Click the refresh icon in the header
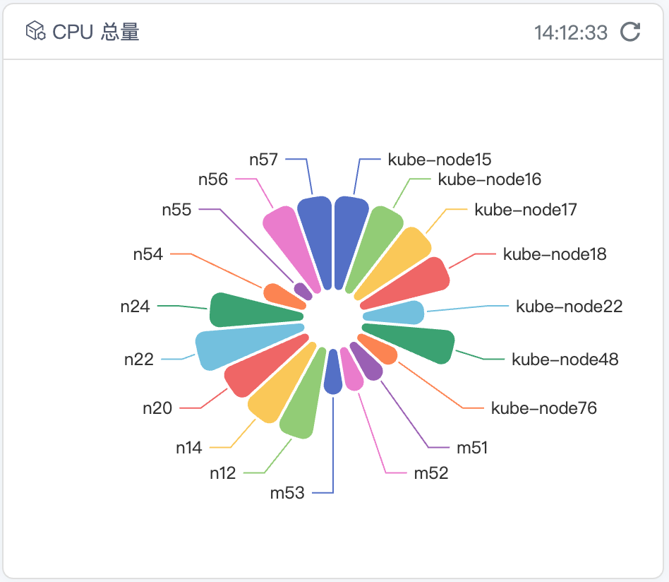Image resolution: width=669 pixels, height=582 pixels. pyautogui.click(x=630, y=32)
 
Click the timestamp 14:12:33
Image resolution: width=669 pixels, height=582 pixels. pyautogui.click(x=571, y=32)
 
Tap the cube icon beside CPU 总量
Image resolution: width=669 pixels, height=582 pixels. pyautogui.click(x=35, y=32)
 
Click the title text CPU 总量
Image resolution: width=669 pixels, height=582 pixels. pyautogui.click(x=96, y=32)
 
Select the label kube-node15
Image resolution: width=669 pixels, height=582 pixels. pyautogui.click(x=440, y=159)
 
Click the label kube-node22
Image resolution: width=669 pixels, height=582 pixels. pyautogui.click(x=569, y=307)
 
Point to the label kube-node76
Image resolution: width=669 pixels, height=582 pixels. pyautogui.click(x=544, y=408)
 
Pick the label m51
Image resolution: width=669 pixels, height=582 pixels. pyautogui.click(x=472, y=447)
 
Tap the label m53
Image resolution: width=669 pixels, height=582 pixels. pyautogui.click(x=287, y=492)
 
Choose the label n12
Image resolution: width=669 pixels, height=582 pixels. pyautogui.click(x=222, y=473)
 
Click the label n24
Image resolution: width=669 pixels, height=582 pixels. pyautogui.click(x=135, y=307)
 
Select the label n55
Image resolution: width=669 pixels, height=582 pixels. pyautogui.click(x=176, y=209)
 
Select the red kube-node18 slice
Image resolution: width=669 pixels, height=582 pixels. pyautogui.click(x=417, y=282)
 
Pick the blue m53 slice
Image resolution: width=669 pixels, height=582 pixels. pyautogui.click(x=332, y=375)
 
